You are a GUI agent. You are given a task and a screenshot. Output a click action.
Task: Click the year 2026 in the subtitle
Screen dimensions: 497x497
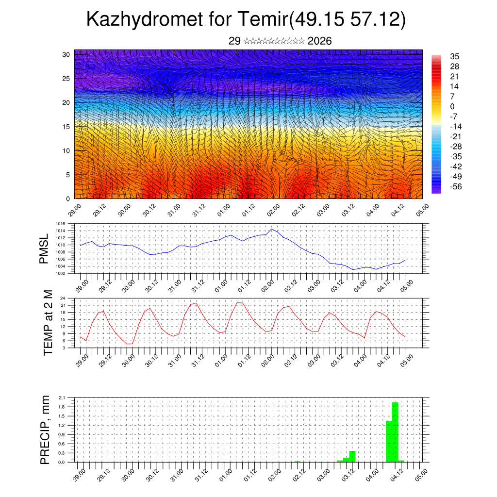tap(319, 41)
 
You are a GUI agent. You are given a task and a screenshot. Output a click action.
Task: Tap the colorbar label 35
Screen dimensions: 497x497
tap(455, 56)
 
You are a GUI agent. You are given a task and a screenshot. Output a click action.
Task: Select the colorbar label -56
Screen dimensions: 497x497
tap(456, 186)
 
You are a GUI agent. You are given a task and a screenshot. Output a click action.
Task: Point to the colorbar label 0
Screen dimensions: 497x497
tap(452, 106)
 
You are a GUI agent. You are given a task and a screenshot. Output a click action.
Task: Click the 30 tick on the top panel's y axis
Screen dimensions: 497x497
tap(66, 54)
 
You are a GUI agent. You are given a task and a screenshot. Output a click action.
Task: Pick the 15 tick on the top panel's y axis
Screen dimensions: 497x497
tap(66, 127)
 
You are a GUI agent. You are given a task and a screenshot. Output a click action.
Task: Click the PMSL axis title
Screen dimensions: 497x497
tap(44, 249)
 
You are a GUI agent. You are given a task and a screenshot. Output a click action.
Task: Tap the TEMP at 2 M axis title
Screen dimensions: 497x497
tap(48, 323)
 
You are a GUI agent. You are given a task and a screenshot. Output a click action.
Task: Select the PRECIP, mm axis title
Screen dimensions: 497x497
tap(45, 430)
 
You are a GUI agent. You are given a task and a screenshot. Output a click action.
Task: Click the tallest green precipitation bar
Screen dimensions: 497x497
tap(395, 432)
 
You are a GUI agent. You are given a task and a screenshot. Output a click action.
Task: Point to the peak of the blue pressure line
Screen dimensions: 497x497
tap(272, 229)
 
